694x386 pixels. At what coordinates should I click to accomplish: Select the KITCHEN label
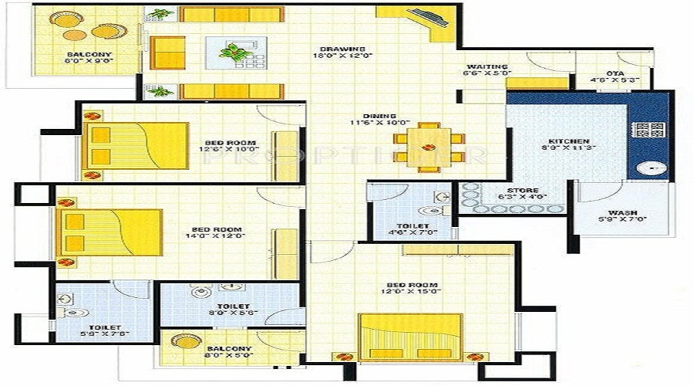(564, 142)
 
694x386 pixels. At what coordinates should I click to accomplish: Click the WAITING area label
(486, 67)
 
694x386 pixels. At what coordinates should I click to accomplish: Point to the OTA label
(615, 73)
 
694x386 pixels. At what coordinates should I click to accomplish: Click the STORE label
(517, 190)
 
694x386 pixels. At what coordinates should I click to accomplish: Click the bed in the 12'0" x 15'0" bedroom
(409, 336)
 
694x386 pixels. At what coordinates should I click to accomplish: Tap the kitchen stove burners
(649, 129)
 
